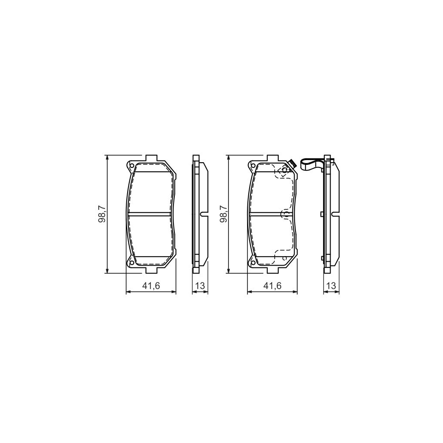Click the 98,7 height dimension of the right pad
pos(223,214)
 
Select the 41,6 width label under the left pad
pos(151,286)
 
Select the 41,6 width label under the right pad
pos(273,286)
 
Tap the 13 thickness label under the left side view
pos(200,286)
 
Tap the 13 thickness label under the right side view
pos(331,286)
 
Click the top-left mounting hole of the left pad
pos(131,165)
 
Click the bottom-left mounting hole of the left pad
pos(131,263)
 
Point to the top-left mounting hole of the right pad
pos(252,165)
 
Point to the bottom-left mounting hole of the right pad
pos(252,263)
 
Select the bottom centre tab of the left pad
pos(151,270)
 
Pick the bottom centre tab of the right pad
pos(273,270)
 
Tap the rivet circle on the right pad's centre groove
pos(284,214)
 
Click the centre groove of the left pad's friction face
pos(151,214)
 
